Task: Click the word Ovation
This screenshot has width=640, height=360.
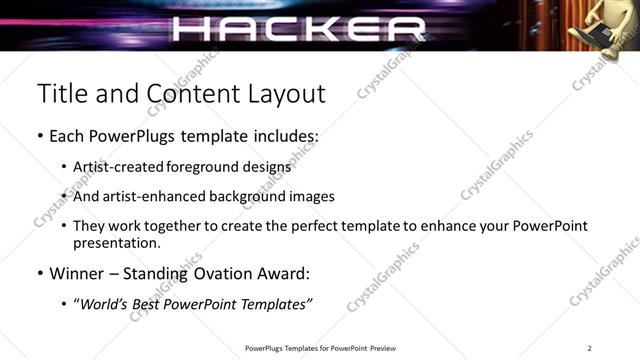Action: (x=226, y=273)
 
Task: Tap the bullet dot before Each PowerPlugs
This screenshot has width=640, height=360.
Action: (x=40, y=134)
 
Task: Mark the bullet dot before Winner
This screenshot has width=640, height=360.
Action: (x=40, y=273)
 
